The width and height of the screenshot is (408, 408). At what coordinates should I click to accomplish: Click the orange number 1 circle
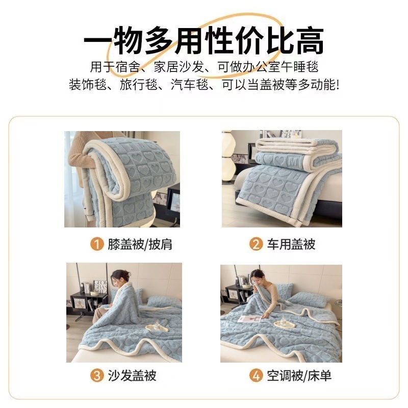[97, 244]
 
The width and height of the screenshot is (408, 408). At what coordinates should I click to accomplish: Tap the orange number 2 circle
[256, 244]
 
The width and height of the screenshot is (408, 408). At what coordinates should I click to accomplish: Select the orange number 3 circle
[97, 375]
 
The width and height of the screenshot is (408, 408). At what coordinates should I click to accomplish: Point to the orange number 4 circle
[256, 375]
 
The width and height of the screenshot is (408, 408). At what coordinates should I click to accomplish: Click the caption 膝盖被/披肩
[140, 245]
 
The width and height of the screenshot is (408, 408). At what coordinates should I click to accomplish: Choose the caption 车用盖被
[291, 244]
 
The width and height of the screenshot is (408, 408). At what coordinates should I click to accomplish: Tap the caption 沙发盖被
[132, 376]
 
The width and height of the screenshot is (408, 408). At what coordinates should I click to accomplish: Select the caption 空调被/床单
[299, 376]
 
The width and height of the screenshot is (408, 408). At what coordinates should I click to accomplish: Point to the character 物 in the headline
[129, 41]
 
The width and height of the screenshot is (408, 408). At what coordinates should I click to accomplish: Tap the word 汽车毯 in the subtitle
[189, 85]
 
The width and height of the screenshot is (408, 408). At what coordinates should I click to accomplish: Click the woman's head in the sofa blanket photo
[120, 277]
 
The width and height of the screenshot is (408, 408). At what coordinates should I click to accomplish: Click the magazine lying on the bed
[249, 319]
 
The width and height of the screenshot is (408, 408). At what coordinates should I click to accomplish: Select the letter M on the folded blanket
[293, 162]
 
